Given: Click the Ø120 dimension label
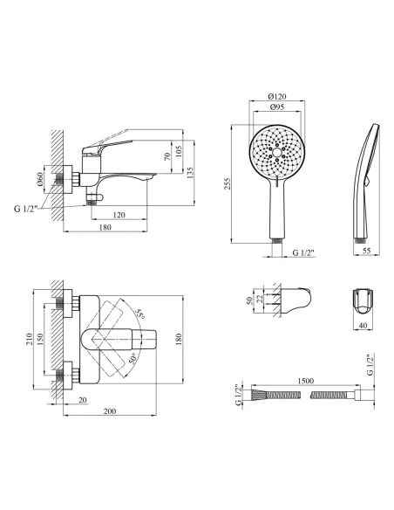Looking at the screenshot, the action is [x=277, y=96].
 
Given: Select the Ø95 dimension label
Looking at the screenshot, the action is [x=277, y=107].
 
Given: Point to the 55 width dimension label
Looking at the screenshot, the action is [x=366, y=251].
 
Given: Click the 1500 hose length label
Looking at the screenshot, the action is [x=305, y=381].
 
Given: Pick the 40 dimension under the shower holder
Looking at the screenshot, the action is [x=363, y=325].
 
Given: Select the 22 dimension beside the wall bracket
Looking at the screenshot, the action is [x=260, y=299].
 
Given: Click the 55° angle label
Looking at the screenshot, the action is [x=140, y=314].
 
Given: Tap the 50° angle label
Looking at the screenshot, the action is [x=132, y=358].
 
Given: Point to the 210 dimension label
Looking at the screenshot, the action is [x=30, y=339].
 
